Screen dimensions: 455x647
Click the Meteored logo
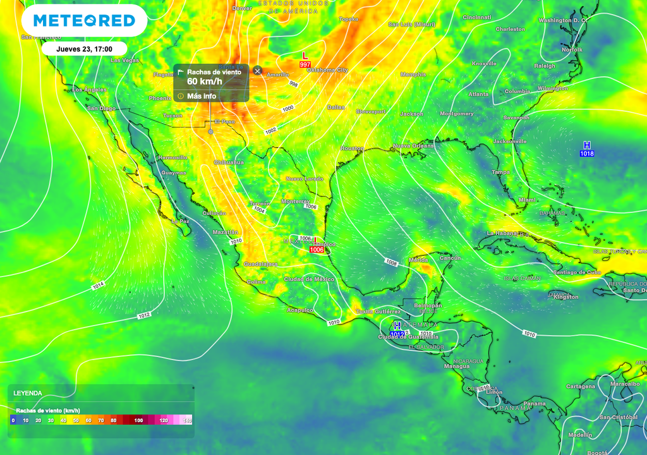coord(84,21)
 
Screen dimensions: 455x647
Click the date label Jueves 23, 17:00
coord(84,49)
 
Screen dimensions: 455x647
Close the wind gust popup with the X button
coord(257,70)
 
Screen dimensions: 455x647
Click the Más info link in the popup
coord(201,96)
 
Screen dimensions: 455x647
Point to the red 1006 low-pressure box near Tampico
coord(317,250)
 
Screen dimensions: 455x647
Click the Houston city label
coord(353,149)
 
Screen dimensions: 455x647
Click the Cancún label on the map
coord(450,258)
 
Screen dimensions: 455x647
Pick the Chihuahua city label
coord(229,162)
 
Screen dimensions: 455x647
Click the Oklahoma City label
coord(327,70)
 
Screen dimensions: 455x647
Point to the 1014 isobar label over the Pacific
coord(98,286)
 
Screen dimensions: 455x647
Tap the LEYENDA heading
coord(28,393)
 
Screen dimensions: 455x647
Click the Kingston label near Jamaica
coord(565,297)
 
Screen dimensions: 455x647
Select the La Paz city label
coord(181,221)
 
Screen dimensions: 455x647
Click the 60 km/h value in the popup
coord(202,82)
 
